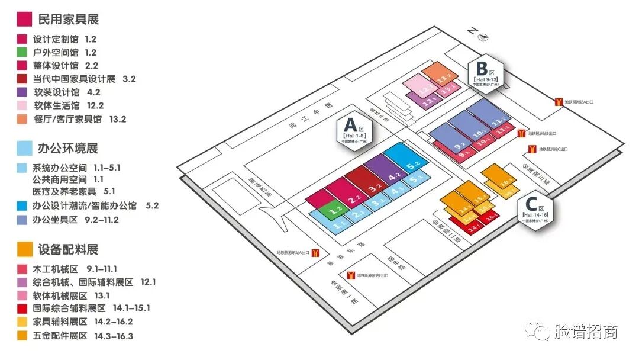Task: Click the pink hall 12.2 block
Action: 422,87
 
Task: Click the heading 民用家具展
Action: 68,19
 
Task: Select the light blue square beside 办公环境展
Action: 25,148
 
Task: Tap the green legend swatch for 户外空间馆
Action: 22,53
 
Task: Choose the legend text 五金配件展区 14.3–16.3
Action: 83,336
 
